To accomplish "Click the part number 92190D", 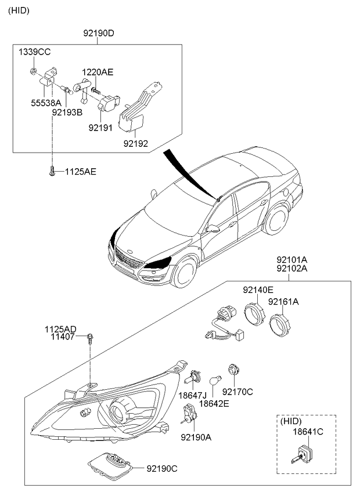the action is click(x=99, y=33).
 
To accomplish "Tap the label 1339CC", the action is click(x=34, y=52).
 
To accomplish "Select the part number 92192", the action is click(x=135, y=143).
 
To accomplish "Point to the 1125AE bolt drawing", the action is click(x=52, y=172).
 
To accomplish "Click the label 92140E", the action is click(x=258, y=290).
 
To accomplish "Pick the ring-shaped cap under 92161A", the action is click(x=280, y=325).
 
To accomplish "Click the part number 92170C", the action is click(x=237, y=392).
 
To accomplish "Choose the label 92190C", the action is click(x=162, y=469).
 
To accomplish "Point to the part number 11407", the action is click(x=64, y=337).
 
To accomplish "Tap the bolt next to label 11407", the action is click(x=90, y=339).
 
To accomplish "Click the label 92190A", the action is click(x=196, y=437).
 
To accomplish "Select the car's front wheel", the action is click(x=186, y=272).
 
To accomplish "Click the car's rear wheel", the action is click(x=276, y=219).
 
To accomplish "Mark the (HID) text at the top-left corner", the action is click(x=19, y=10).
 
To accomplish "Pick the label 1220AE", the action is click(x=98, y=72).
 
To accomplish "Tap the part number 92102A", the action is click(x=292, y=269).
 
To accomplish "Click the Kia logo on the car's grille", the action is click(x=128, y=251).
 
